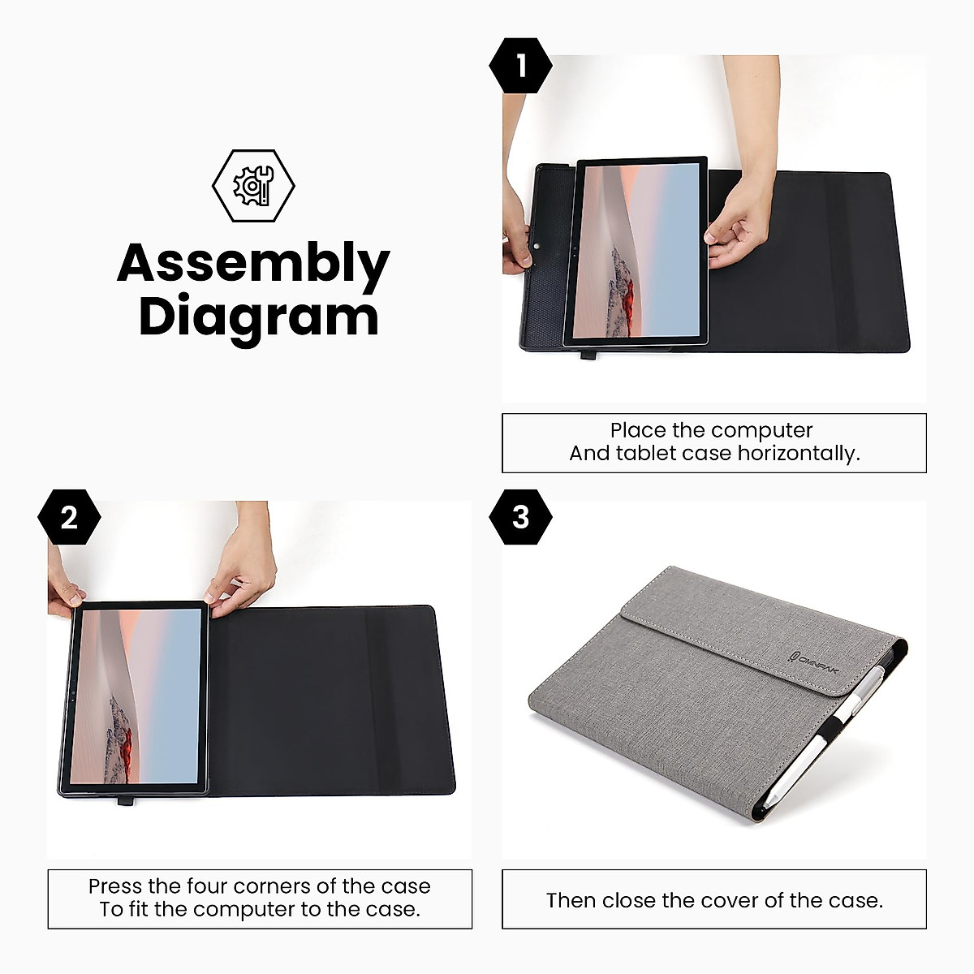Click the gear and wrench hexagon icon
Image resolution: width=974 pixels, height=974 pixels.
253,186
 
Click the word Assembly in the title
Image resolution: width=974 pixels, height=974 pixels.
253,264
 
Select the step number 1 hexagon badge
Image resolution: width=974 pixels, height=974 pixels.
520,65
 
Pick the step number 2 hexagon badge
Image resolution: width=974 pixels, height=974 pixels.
69,517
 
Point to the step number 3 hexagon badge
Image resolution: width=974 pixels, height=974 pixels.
520,517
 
